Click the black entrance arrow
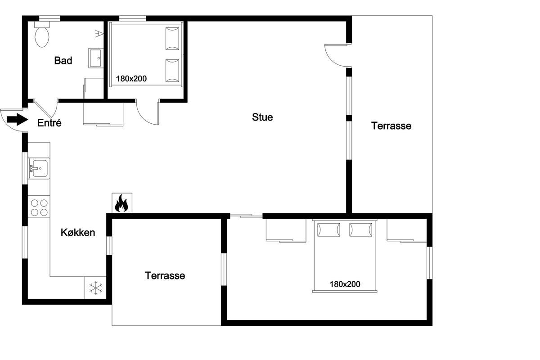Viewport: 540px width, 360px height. [x=18, y=119]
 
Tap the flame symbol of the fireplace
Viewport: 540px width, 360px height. [x=121, y=203]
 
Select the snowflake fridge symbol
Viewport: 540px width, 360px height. [x=96, y=288]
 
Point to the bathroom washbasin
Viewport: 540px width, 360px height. [x=96, y=58]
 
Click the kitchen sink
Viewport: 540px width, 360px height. [x=39, y=168]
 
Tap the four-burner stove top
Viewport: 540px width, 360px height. [x=39, y=207]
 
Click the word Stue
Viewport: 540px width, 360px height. [x=262, y=117]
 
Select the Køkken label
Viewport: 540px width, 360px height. [x=77, y=233]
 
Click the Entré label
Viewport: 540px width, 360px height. [x=49, y=123]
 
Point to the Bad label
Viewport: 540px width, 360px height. [x=63, y=60]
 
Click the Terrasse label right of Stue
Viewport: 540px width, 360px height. [x=391, y=126]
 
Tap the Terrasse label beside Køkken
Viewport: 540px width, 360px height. [x=165, y=275]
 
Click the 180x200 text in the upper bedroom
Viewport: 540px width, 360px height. [x=131, y=79]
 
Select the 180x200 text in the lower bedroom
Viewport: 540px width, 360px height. [x=345, y=284]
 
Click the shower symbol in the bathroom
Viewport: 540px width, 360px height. [x=99, y=33]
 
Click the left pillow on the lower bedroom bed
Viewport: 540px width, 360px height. [x=328, y=230]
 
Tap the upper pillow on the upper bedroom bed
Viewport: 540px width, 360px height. [x=172, y=39]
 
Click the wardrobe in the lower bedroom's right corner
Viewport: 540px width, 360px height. [x=407, y=230]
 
